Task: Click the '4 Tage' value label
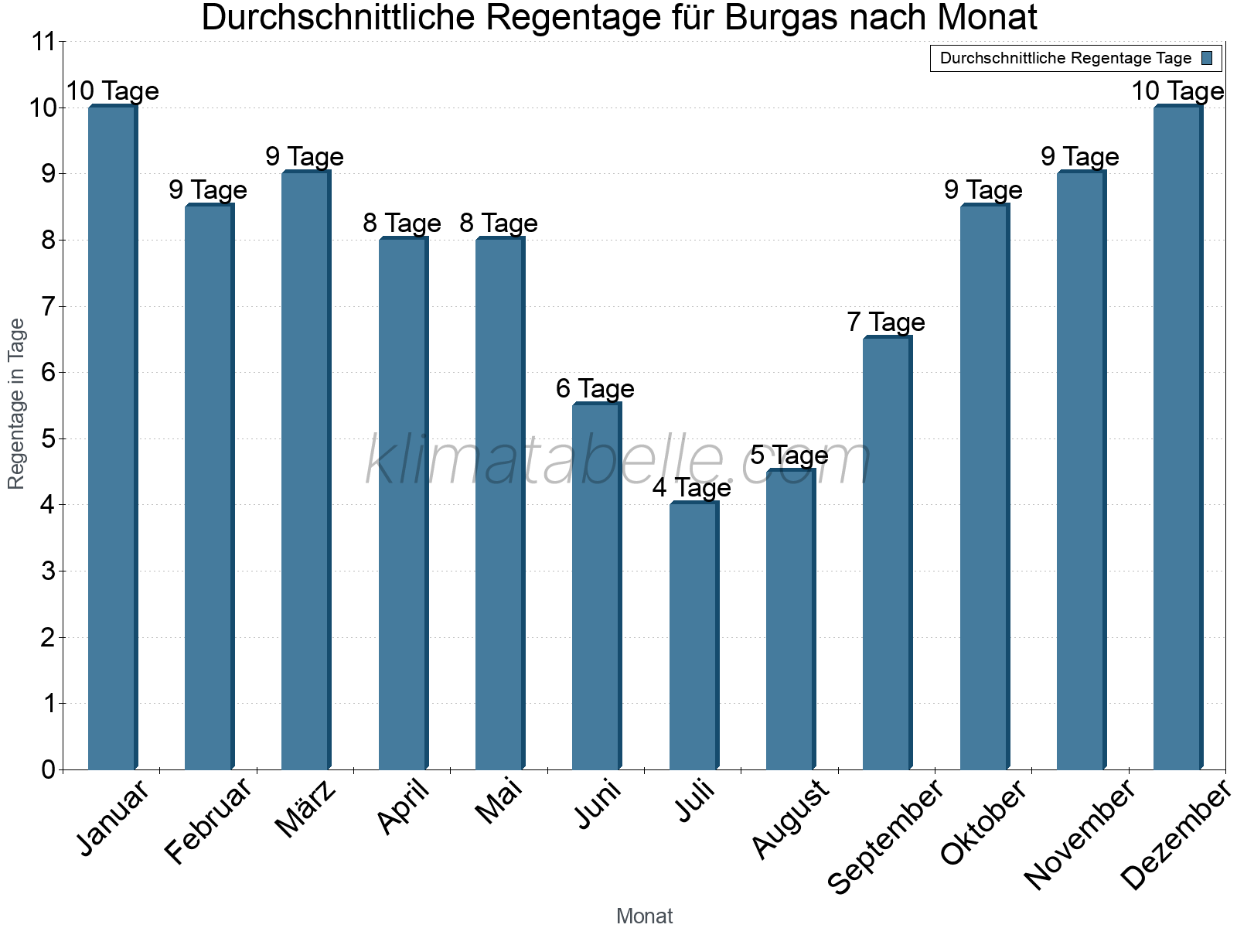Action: (x=691, y=488)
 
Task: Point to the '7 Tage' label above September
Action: (x=885, y=322)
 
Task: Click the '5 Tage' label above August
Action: (x=789, y=455)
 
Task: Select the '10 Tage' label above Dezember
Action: (x=1177, y=91)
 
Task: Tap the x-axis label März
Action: (x=306, y=810)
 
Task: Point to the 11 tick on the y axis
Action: (x=45, y=42)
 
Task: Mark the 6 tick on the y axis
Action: (x=48, y=373)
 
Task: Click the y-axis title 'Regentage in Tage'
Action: (x=17, y=404)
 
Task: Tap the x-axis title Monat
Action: (x=644, y=916)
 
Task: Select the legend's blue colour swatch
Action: (x=1208, y=58)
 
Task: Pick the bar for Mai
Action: (x=499, y=503)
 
